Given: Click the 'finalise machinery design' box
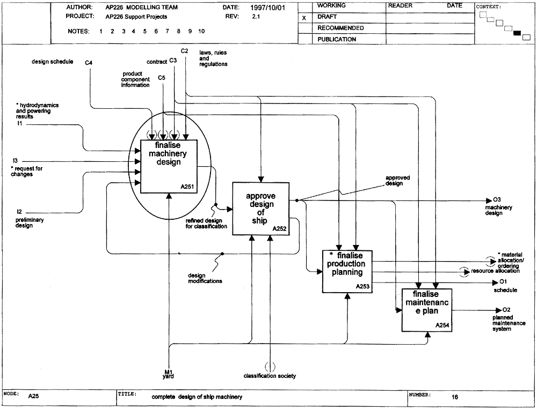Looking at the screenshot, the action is pyautogui.click(x=169, y=167).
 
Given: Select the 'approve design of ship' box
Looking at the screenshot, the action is pyautogui.click(x=261, y=209).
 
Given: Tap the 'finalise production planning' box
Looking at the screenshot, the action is pyautogui.click(x=347, y=272).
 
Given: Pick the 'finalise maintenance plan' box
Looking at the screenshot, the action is pyautogui.click(x=427, y=310).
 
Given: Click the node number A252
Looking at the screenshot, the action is pyautogui.click(x=279, y=229).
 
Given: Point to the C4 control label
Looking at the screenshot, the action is pyautogui.click(x=89, y=63).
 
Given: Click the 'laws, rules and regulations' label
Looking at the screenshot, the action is pyautogui.click(x=213, y=58).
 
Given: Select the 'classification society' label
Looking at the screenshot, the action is pyautogui.click(x=270, y=376).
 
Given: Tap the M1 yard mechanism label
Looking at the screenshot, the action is pyautogui.click(x=168, y=374).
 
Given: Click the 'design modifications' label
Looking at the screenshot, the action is pyautogui.click(x=205, y=278).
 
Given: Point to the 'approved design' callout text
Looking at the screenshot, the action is pyautogui.click(x=397, y=181).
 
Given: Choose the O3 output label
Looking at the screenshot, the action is pyautogui.click(x=497, y=199).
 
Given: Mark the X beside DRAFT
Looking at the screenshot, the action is pyautogui.click(x=304, y=18).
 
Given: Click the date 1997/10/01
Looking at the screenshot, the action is pyautogui.click(x=267, y=8).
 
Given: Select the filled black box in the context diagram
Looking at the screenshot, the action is pyautogui.click(x=517, y=33).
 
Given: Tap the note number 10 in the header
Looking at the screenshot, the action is pyautogui.click(x=201, y=31).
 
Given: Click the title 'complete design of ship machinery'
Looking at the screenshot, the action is pyautogui.click(x=197, y=397).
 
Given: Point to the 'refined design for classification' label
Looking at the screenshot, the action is pyautogui.click(x=206, y=224).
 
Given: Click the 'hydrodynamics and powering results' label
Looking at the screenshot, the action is pyautogui.click(x=38, y=111).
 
